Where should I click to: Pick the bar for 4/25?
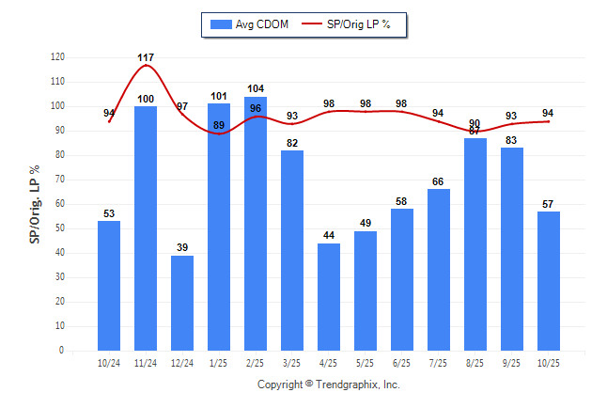pyautogui.click(x=329, y=297)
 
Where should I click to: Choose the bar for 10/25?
pyautogui.click(x=549, y=281)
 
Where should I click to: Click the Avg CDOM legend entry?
pyautogui.click(x=249, y=24)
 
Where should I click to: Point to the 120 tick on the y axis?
pyautogui.click(x=58, y=57)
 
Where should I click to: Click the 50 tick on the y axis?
pyautogui.click(x=60, y=228)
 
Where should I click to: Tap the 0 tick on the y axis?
pyautogui.click(x=62, y=351)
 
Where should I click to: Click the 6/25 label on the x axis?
pyautogui.click(x=402, y=363)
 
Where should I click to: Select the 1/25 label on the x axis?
pyautogui.click(x=219, y=363)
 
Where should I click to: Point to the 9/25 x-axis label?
pyautogui.click(x=512, y=363)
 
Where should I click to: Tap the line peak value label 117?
pyautogui.click(x=146, y=58)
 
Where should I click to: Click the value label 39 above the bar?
pyautogui.click(x=182, y=247)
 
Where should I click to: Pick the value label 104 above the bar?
pyautogui.click(x=256, y=88)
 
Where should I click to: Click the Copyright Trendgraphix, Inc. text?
pyautogui.click(x=329, y=384)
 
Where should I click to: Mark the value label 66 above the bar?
pyautogui.click(x=439, y=180)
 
